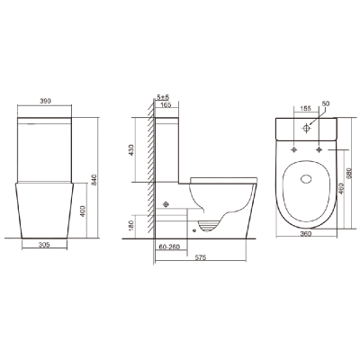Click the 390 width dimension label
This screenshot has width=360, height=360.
(46, 101)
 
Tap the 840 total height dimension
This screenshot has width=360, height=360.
(94, 179)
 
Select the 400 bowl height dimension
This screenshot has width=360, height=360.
(83, 211)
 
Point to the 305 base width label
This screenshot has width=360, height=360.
(44, 245)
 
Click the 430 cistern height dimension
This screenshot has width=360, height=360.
(131, 150)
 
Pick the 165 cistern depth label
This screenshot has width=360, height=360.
(166, 104)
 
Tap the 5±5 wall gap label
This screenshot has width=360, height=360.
(164, 97)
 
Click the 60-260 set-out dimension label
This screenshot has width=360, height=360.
(169, 247)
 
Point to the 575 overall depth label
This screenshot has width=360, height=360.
(201, 257)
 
